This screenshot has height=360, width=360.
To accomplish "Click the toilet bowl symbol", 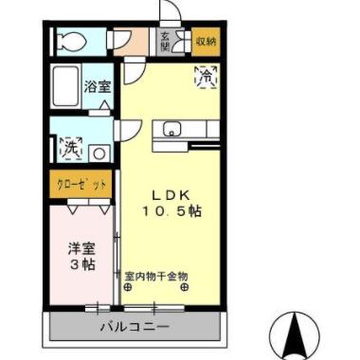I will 69,40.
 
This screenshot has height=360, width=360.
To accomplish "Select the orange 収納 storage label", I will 205,41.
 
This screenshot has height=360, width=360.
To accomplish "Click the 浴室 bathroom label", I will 97,86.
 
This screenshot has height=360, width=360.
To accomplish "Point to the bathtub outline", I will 64,88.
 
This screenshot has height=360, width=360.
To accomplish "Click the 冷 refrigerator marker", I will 205,79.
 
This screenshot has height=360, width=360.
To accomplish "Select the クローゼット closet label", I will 80,182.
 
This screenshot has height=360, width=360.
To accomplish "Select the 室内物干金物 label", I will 156,277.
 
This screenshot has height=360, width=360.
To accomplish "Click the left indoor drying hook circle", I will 130,288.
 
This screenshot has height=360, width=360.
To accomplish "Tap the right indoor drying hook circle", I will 184,288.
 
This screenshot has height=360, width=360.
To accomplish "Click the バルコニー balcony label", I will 135,327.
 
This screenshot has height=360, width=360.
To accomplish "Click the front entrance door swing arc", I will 171,11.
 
